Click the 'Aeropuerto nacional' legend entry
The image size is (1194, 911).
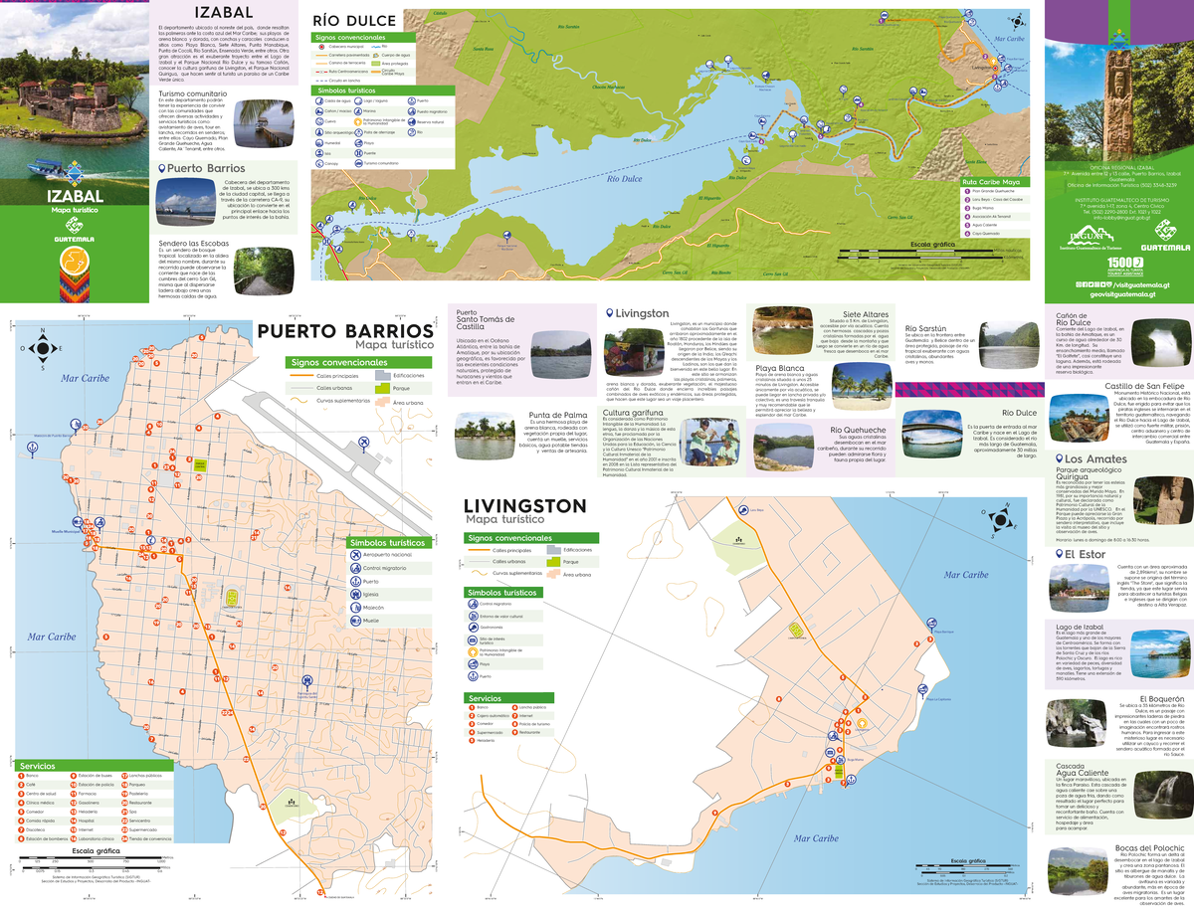point(356,554)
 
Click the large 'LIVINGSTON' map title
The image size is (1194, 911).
point(525,506)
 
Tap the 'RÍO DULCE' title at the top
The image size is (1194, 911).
point(355,20)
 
